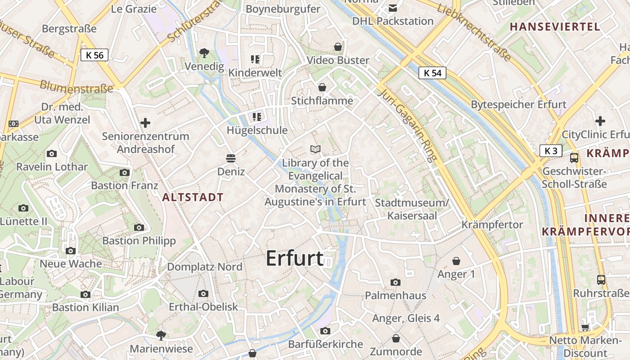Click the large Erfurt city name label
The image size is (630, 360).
(x=295, y=259)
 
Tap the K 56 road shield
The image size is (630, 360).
(x=94, y=55)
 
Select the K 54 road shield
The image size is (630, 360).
(x=432, y=73)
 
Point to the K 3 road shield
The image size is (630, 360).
(x=551, y=151)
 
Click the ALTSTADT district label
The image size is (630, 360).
(x=193, y=197)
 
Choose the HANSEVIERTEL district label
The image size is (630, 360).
(x=555, y=27)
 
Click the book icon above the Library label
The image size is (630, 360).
(x=315, y=149)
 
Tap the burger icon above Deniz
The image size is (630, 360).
(x=231, y=158)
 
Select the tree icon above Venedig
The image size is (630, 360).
(x=204, y=53)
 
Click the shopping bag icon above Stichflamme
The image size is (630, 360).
(x=322, y=87)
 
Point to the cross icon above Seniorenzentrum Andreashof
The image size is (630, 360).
(x=145, y=122)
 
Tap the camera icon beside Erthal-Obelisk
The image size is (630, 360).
(x=203, y=293)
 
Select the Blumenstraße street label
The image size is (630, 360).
(x=76, y=86)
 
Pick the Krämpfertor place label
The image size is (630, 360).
(x=492, y=225)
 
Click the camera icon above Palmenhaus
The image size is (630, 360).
(x=396, y=282)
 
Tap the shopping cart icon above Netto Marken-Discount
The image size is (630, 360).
(x=585, y=327)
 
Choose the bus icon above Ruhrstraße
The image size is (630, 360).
(x=601, y=279)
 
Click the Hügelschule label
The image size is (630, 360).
(x=257, y=130)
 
